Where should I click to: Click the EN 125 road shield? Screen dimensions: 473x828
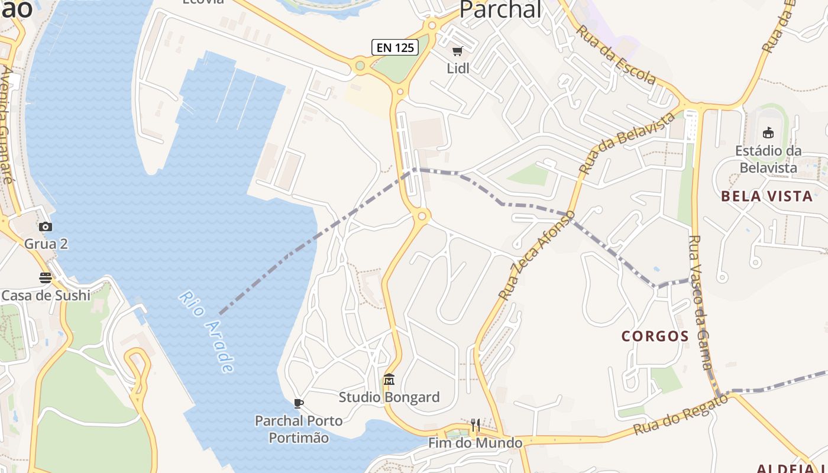pos(395,47)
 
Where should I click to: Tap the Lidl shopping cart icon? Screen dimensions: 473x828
pos(457,51)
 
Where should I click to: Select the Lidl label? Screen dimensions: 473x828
pos(458,69)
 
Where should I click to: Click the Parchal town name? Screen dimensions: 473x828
pos(500,9)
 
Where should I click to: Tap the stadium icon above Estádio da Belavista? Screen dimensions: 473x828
pos(768,132)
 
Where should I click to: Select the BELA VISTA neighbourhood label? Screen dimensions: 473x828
pos(767,196)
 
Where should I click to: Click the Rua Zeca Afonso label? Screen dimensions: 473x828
pos(536,255)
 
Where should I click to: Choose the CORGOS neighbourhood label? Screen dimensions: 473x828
pos(655,336)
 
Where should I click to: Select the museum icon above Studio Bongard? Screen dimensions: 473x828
pos(389,379)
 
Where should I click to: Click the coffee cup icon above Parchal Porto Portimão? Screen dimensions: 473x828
pos(299,403)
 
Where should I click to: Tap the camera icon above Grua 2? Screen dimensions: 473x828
pos(46,226)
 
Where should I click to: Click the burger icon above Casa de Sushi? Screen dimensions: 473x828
pos(46,277)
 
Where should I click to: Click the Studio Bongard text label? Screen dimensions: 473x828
pos(389,397)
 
